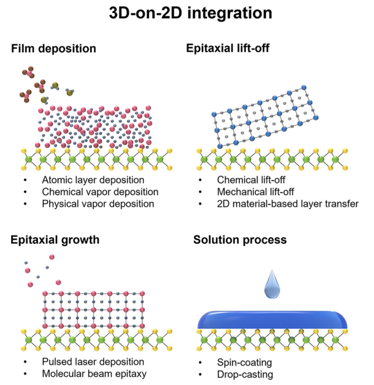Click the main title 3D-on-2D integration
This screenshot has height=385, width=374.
point(186,14)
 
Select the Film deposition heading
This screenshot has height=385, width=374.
point(53,48)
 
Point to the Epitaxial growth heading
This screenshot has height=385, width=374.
point(54,239)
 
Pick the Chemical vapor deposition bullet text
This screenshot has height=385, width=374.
point(100,192)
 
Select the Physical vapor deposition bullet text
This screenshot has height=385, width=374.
point(98,204)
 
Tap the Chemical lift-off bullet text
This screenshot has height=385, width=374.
point(253,180)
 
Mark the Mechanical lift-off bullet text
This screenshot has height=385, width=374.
point(259,192)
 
